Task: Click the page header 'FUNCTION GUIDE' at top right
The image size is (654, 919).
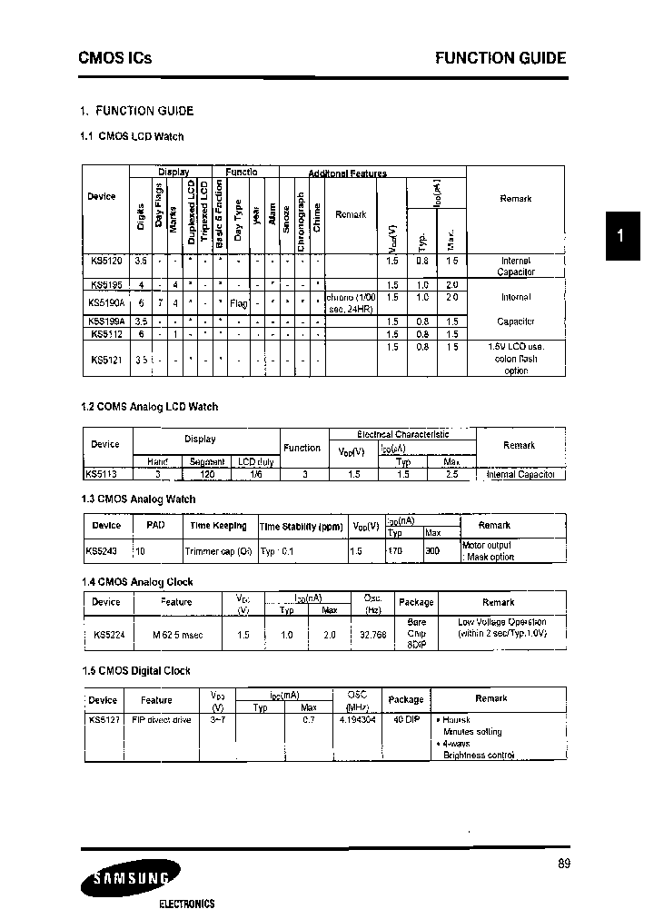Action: pos(500,58)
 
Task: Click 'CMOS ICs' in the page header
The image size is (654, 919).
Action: pos(115,58)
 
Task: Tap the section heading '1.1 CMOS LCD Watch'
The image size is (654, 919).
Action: pos(133,136)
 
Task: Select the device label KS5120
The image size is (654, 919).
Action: pos(105,260)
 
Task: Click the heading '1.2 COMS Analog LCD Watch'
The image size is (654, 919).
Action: pos(150,407)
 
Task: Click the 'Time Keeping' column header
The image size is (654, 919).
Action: pos(218,526)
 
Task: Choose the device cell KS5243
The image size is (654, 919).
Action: pos(103,550)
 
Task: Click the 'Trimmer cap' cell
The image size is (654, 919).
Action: pos(218,550)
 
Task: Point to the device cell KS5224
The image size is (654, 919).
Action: pos(108,635)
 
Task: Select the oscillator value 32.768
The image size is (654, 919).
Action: pos(372,635)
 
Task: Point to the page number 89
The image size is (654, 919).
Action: pos(564,864)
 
